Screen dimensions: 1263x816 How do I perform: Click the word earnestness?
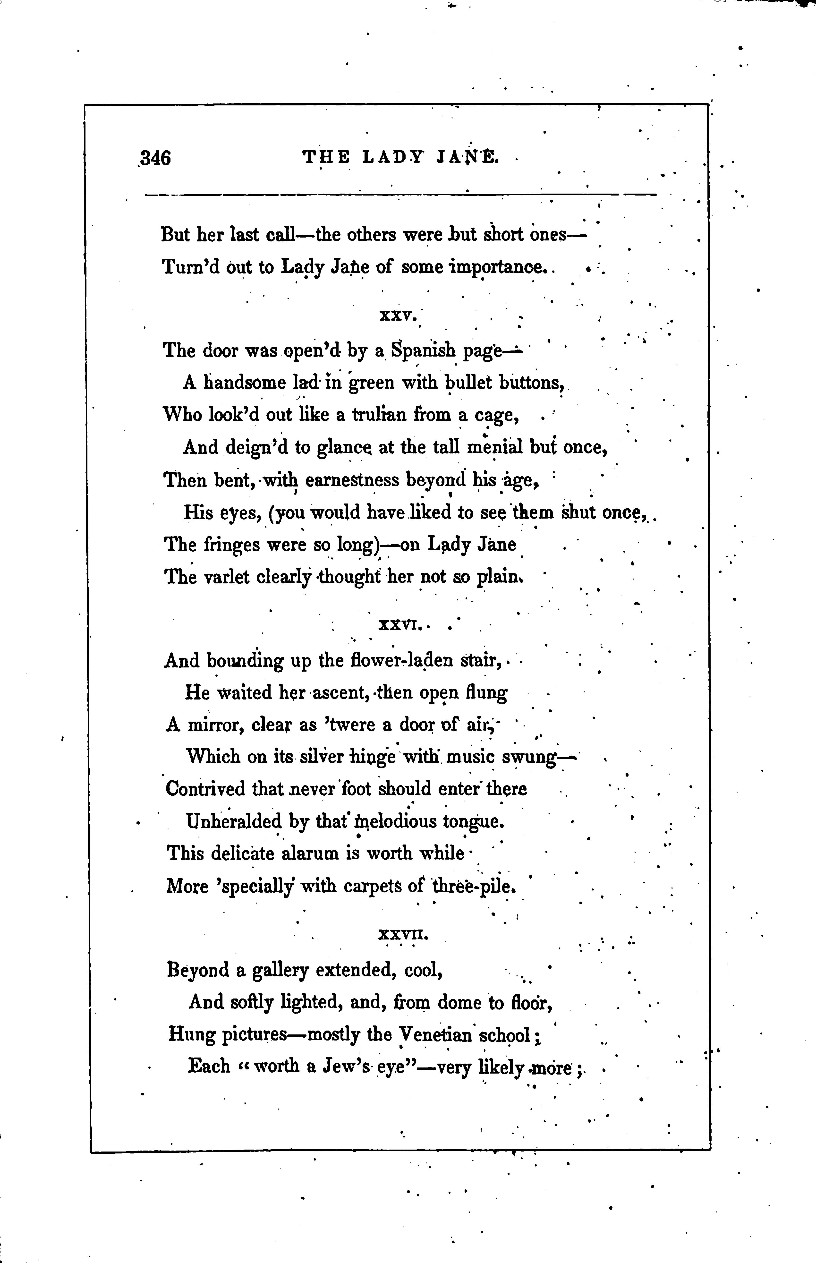(x=352, y=480)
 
